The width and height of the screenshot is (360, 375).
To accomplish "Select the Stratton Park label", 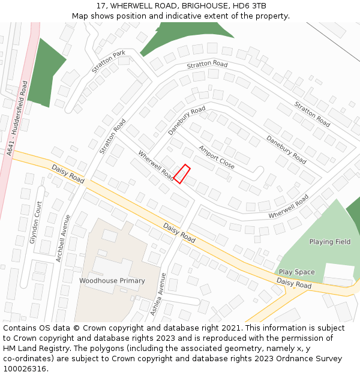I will click(x=109, y=62).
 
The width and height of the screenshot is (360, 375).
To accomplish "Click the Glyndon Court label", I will click(x=37, y=222).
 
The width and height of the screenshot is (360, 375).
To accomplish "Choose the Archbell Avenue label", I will click(x=63, y=238).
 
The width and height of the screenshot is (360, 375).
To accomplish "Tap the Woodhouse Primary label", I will click(x=112, y=281).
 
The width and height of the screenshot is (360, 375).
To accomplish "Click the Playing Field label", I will click(x=329, y=242).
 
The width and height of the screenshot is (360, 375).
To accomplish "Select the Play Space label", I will click(x=296, y=272).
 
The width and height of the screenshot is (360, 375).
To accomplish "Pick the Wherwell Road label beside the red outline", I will click(x=155, y=166).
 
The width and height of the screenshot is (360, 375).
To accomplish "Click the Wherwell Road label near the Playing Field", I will click(x=289, y=206).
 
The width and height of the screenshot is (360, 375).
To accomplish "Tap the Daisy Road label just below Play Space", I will click(x=294, y=283).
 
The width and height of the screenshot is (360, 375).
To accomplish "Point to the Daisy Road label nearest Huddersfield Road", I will click(x=68, y=174).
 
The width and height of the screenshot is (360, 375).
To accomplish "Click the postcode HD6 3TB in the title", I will click(x=250, y=6).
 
